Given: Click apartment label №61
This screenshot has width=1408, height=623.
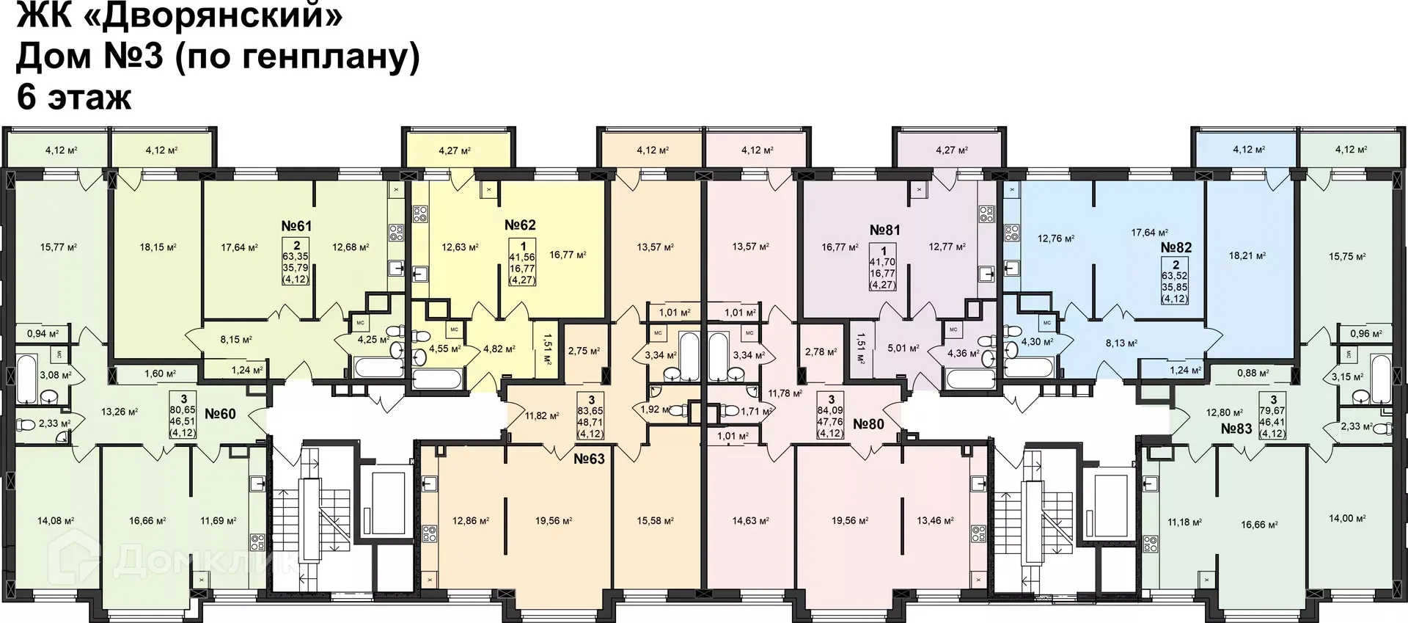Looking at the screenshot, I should [x=296, y=226].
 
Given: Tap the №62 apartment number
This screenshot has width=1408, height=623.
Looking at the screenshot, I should [x=520, y=225].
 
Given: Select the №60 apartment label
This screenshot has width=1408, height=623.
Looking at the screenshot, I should [x=220, y=414].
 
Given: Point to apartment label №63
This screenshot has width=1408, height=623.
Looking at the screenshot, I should [x=589, y=459].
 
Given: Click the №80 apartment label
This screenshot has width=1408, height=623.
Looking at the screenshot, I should [x=868, y=424].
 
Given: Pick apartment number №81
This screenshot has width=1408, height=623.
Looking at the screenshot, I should [x=884, y=230].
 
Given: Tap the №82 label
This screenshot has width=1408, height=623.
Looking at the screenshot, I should [x=1176, y=247].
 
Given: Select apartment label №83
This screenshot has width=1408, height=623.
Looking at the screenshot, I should [x=1236, y=429].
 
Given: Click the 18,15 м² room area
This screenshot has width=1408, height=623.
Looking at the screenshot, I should [x=158, y=247].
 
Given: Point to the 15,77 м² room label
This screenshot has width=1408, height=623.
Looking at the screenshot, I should [x=59, y=247].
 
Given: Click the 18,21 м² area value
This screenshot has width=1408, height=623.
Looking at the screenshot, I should [x=1247, y=256].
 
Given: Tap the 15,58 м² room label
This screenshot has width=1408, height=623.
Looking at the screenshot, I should [x=655, y=521].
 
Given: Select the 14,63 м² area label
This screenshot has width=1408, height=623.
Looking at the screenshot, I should [x=750, y=521].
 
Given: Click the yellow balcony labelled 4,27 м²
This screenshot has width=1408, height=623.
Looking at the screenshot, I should [x=455, y=150].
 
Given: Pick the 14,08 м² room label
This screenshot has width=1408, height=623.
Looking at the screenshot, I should [x=56, y=521].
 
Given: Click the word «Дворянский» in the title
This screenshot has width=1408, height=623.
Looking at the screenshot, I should [x=219, y=16].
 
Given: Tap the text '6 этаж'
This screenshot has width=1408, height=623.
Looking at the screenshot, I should [x=73, y=97].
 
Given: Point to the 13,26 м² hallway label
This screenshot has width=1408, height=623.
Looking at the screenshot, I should [x=120, y=412].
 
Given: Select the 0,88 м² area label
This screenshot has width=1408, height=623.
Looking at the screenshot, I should [x=1253, y=373].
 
